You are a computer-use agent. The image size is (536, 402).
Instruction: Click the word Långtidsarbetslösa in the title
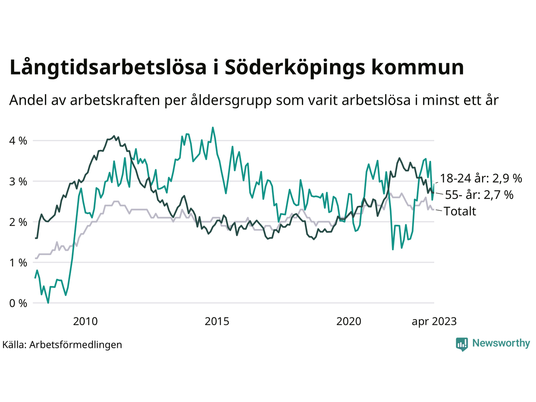108,68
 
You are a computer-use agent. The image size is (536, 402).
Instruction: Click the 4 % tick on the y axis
18,141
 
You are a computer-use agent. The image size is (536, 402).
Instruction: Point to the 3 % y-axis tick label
18,181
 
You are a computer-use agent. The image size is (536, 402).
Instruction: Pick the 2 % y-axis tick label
18,222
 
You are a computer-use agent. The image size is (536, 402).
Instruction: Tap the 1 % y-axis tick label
18,263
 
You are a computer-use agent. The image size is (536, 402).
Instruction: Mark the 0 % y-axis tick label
18,303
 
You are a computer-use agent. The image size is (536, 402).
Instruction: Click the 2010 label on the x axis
85,322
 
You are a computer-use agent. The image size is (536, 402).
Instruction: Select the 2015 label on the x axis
217,322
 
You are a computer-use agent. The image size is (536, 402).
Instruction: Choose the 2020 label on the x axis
349,322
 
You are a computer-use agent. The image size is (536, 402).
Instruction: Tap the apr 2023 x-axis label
434,322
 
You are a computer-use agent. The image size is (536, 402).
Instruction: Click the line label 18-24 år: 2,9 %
481,178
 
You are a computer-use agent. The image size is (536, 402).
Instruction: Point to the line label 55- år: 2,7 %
479,195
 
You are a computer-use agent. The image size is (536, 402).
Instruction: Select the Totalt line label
460,211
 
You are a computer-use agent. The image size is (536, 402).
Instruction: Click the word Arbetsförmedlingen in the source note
76,345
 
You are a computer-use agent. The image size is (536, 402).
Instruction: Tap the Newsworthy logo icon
462,344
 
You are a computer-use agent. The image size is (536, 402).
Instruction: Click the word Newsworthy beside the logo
501,343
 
